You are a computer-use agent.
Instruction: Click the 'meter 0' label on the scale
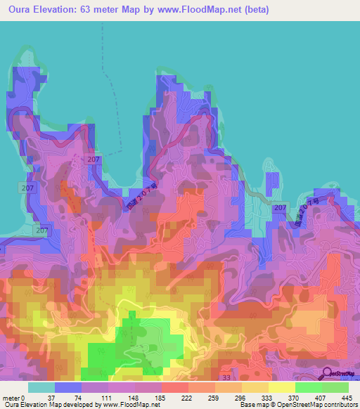coord(13,397)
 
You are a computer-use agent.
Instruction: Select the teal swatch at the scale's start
coord(41,387)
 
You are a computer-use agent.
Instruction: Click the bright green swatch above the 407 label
coord(309,387)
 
